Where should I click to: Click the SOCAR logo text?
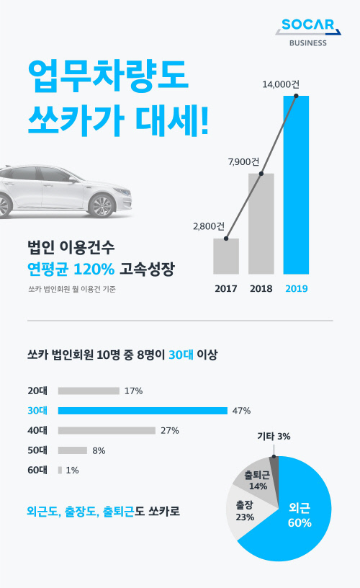[x=307, y=26]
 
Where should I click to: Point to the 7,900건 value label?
[x=243, y=161]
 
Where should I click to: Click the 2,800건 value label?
[x=209, y=226]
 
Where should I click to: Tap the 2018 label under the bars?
[x=261, y=289]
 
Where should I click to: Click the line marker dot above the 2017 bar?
[x=226, y=239]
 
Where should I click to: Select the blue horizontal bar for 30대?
[x=143, y=411]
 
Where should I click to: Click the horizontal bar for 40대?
[x=107, y=430]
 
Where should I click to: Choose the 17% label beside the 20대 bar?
[x=133, y=391]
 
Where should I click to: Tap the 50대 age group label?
[x=36, y=450]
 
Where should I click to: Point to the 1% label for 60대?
[x=72, y=470]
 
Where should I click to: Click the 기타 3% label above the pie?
[x=274, y=437]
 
